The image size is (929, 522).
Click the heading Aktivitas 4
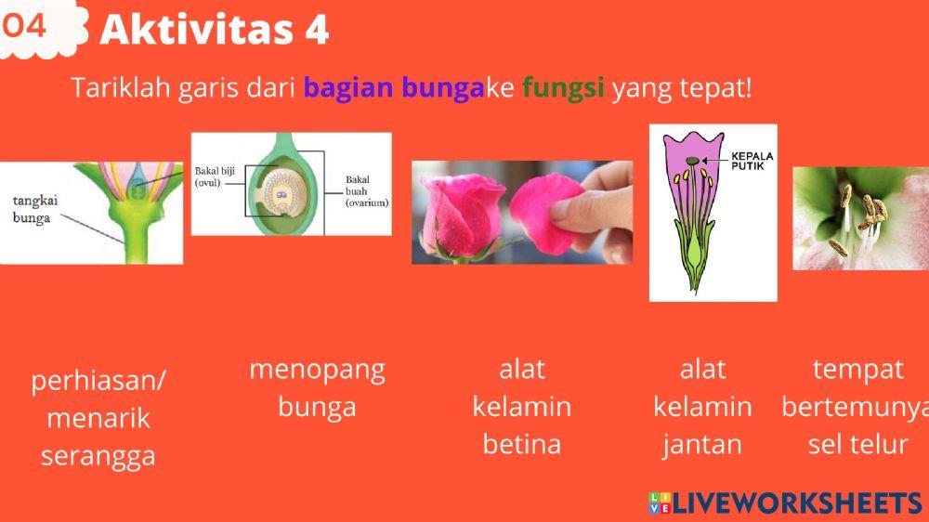pyautogui.click(x=214, y=31)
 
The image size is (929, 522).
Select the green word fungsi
pyautogui.click(x=563, y=89)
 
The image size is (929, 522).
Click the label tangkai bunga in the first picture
pyautogui.click(x=32, y=209)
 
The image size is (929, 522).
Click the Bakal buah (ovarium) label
pyautogui.click(x=366, y=190)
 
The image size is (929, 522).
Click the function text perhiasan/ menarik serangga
pyautogui.click(x=98, y=418)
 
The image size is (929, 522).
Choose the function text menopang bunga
pyautogui.click(x=317, y=388)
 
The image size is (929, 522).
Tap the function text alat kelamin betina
pyautogui.click(x=521, y=407)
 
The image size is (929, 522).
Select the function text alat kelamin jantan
pyautogui.click(x=702, y=407)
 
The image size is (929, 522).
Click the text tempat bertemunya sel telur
pyautogui.click(x=857, y=407)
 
